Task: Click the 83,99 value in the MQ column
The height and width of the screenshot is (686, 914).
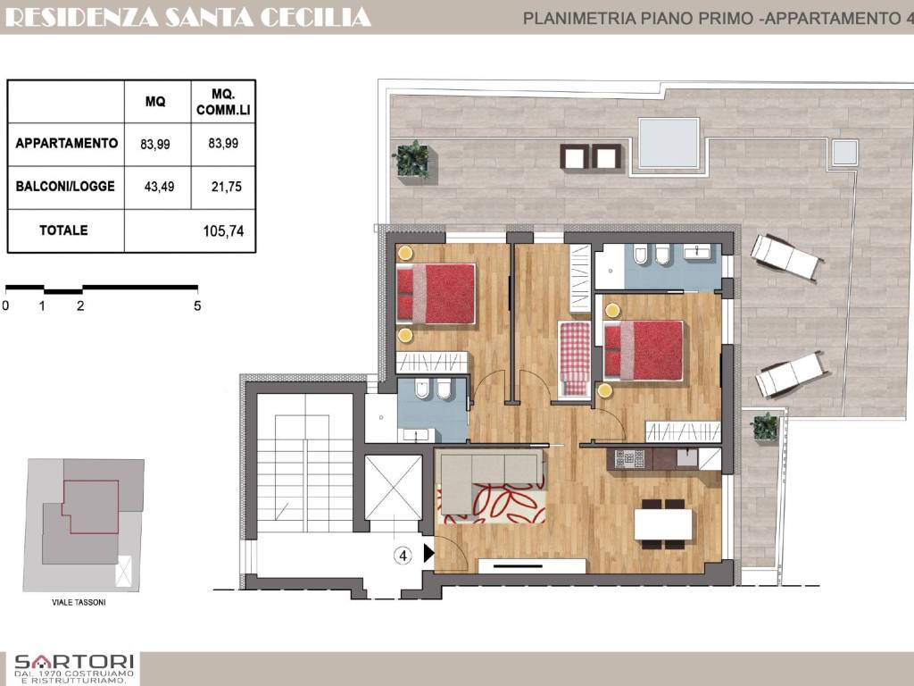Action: pos(155,144)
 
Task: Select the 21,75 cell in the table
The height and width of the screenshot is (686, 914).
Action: pos(226,187)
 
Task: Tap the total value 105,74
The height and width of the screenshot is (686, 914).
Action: pos(223,231)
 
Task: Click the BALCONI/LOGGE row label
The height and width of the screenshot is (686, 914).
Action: pos(65,186)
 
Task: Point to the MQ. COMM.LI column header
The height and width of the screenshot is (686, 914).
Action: pos(223,102)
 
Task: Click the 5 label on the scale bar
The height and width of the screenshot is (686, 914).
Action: pos(197,305)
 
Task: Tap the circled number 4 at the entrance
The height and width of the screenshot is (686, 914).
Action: pos(403,556)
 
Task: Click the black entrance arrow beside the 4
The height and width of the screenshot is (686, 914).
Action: pos(428,552)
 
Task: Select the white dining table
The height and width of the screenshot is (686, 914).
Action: pos(663,523)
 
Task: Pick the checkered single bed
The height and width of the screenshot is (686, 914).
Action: pos(574,357)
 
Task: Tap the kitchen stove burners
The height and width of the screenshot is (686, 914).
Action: pos(629,459)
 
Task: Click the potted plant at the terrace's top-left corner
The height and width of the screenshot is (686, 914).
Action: pos(411,159)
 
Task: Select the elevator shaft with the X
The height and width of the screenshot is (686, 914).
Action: pos(393,487)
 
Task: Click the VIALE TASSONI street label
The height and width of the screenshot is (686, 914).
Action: pos(79,602)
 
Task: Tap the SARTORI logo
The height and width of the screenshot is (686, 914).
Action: pos(74,668)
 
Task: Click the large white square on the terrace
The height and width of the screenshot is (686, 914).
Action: pos(669,143)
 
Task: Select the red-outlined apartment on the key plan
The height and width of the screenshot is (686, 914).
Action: pos(90,507)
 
